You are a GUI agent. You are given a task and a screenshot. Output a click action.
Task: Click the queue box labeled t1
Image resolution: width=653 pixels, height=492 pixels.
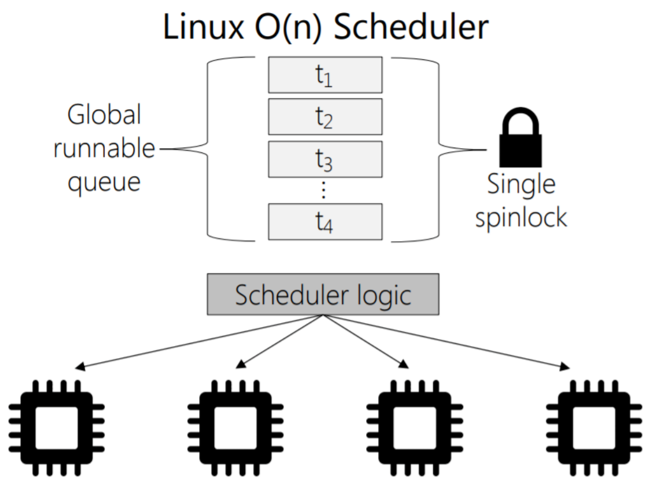click(325, 75)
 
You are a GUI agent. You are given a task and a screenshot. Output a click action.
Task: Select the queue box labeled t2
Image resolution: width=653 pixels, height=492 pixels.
click(325, 117)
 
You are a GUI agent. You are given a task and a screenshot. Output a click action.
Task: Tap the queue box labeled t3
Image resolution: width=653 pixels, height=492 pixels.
click(325, 158)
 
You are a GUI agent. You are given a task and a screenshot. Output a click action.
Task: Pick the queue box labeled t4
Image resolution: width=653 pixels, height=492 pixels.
click(325, 221)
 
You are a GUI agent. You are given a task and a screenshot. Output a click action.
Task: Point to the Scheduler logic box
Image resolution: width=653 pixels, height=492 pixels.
click(323, 294)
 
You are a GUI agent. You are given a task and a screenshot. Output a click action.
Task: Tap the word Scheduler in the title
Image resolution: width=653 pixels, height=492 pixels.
click(410, 27)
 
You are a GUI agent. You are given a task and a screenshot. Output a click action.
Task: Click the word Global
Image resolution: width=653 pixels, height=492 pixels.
click(104, 115)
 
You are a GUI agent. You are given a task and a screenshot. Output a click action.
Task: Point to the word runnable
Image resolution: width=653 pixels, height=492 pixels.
click(104, 148)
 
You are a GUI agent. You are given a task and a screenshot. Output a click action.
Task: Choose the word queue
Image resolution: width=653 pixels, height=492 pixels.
click(104, 181)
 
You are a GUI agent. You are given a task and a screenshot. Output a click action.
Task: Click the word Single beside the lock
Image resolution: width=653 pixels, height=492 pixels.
click(521, 184)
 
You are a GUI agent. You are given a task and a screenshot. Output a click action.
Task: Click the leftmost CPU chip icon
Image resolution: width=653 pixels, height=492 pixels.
click(57, 428)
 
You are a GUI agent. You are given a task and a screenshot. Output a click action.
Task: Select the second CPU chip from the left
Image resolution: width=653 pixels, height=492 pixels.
click(235, 428)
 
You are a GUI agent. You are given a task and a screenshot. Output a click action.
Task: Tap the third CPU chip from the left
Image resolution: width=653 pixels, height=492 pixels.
click(414, 428)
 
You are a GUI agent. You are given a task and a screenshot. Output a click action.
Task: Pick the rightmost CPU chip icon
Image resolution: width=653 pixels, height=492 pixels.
click(593, 428)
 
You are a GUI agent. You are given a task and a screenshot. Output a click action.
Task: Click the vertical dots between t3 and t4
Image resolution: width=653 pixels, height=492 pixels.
click(324, 189)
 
